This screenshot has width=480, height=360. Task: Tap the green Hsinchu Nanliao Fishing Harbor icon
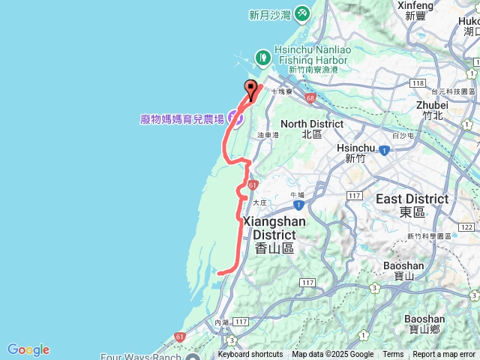263,56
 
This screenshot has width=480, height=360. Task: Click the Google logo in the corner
28,349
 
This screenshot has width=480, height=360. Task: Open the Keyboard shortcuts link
250,355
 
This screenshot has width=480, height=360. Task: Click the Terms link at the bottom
393,355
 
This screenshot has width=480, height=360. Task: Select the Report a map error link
444,355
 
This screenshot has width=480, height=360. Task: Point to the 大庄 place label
259,202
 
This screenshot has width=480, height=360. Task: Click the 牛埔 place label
297,194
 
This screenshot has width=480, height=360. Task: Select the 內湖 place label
221,322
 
